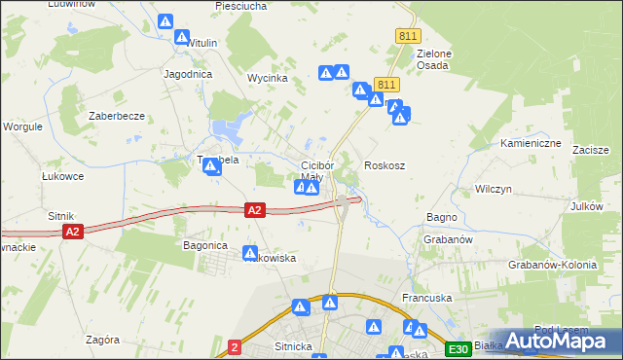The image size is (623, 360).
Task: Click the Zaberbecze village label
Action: (117, 116)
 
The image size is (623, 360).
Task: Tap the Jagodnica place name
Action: (189, 74)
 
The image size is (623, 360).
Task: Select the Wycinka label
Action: (267, 78)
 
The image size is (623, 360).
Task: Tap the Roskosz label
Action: (385, 165)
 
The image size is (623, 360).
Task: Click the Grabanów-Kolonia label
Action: (552, 265)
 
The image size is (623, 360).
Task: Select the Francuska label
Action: (423, 298)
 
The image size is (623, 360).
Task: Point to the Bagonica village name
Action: (205, 245)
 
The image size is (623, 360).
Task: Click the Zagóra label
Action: (102, 340)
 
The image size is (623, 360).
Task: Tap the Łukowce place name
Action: (62, 176)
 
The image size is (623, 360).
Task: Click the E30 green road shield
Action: (458, 348)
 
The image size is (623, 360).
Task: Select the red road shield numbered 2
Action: (235, 345)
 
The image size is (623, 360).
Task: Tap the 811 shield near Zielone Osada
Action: (408, 36)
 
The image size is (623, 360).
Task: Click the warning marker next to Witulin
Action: (182, 37)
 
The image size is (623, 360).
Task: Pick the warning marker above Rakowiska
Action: (251, 251)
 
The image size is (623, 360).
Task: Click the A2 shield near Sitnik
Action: (72, 232)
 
